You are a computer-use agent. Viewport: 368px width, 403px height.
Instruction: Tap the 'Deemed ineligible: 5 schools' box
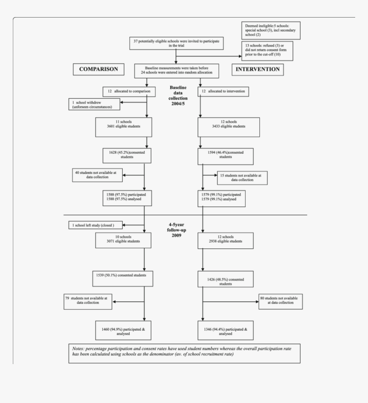pyautogui.click(x=271, y=30)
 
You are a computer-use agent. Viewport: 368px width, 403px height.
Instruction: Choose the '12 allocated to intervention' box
pyautogui.click(x=223, y=91)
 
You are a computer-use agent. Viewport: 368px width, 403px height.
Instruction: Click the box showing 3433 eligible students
pyautogui.click(x=229, y=127)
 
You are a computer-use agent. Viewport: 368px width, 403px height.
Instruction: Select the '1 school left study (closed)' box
pyautogui.click(x=96, y=225)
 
